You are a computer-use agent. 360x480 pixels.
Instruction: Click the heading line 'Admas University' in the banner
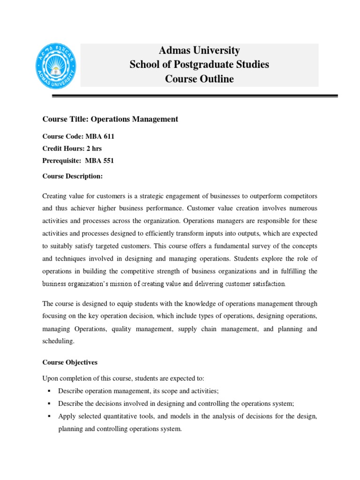pyautogui.click(x=199, y=51)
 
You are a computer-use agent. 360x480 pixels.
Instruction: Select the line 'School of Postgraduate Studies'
pyautogui.click(x=199, y=65)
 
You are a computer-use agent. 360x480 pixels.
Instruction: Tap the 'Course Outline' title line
pyautogui.click(x=199, y=79)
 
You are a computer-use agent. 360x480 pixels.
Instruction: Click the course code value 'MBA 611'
pyautogui.click(x=100, y=136)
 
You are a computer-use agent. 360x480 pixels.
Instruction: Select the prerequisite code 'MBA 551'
pyautogui.click(x=99, y=161)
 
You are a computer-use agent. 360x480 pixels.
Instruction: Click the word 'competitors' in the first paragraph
pyautogui.click(x=300, y=195)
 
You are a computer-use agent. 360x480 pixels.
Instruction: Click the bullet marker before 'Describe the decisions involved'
pyautogui.click(x=48, y=403)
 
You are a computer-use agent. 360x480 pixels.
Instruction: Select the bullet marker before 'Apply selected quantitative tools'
pyautogui.click(x=48, y=416)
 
